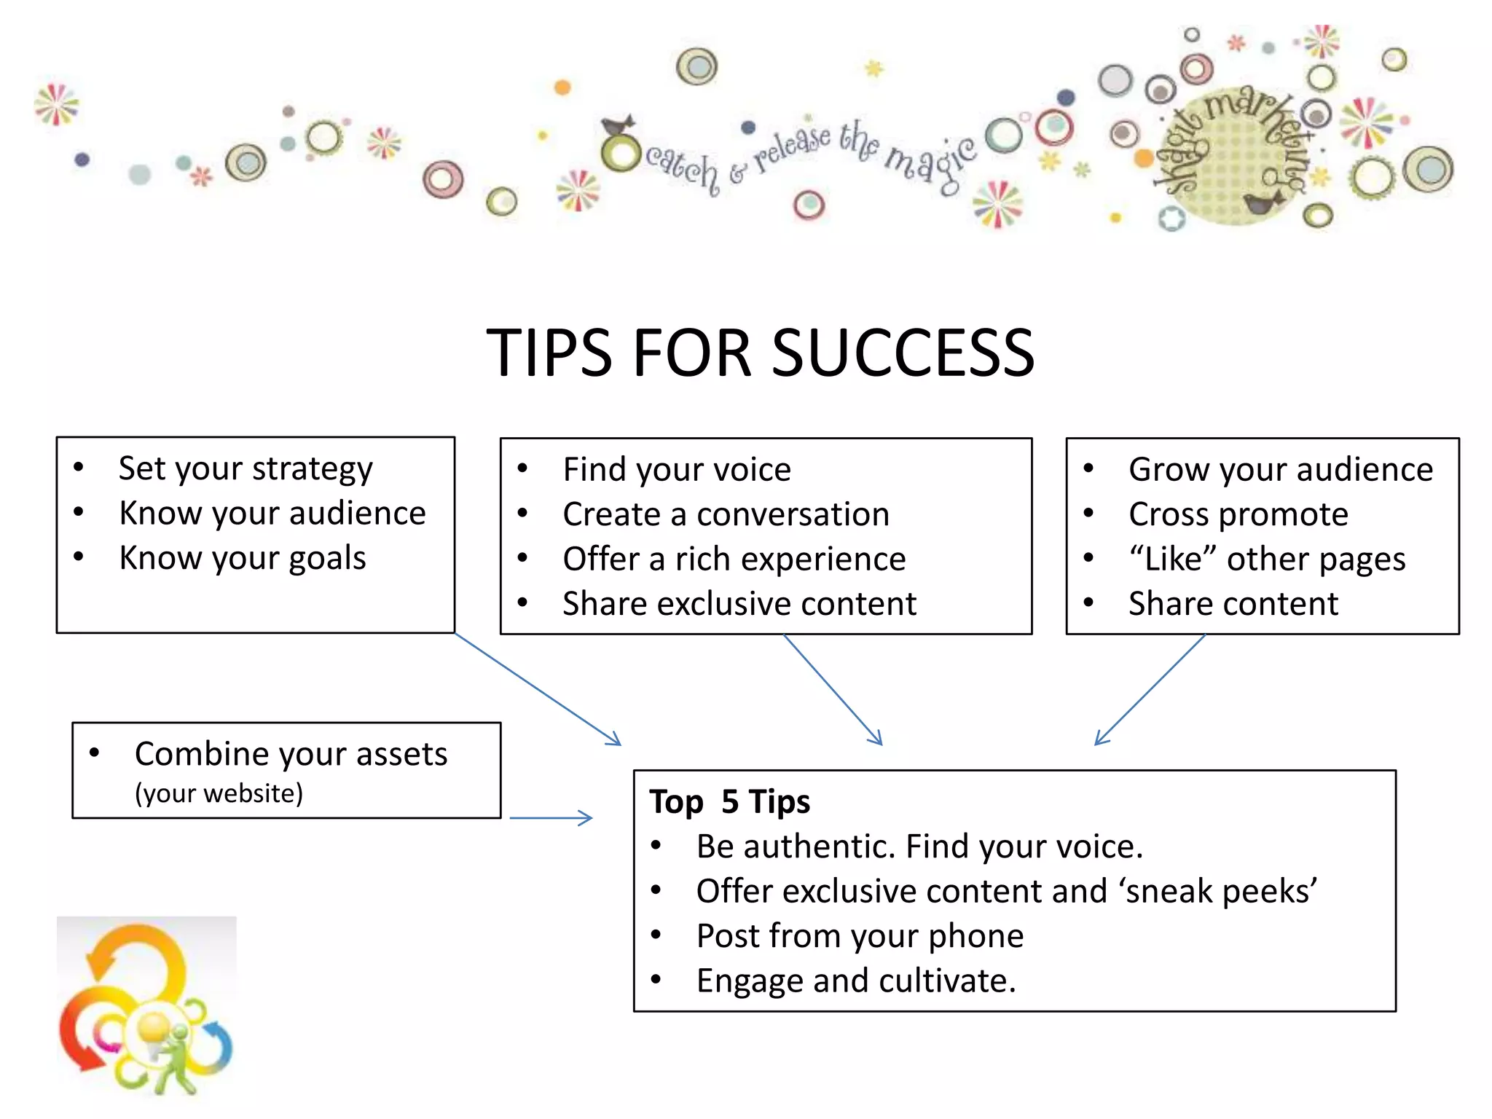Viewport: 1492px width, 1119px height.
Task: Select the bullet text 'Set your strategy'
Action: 246,468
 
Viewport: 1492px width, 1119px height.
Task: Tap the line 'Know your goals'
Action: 243,558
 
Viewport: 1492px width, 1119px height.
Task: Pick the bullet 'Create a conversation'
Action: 726,514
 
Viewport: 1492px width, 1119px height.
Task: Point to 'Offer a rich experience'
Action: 734,559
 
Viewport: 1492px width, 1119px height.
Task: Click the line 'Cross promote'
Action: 1238,514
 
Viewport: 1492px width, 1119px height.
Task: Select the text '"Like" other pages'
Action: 1267,559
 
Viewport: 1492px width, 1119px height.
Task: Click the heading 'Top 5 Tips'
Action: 729,801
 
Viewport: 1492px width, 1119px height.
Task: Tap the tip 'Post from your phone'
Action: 860,936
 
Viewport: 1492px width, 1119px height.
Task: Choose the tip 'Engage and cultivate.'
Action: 856,981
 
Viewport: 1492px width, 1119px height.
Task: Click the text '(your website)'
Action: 219,793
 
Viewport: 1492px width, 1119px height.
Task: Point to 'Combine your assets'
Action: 291,754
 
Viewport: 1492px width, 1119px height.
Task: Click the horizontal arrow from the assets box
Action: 551,818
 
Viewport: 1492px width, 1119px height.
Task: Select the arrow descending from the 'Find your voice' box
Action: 833,689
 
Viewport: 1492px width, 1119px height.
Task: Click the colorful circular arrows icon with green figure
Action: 146,1009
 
